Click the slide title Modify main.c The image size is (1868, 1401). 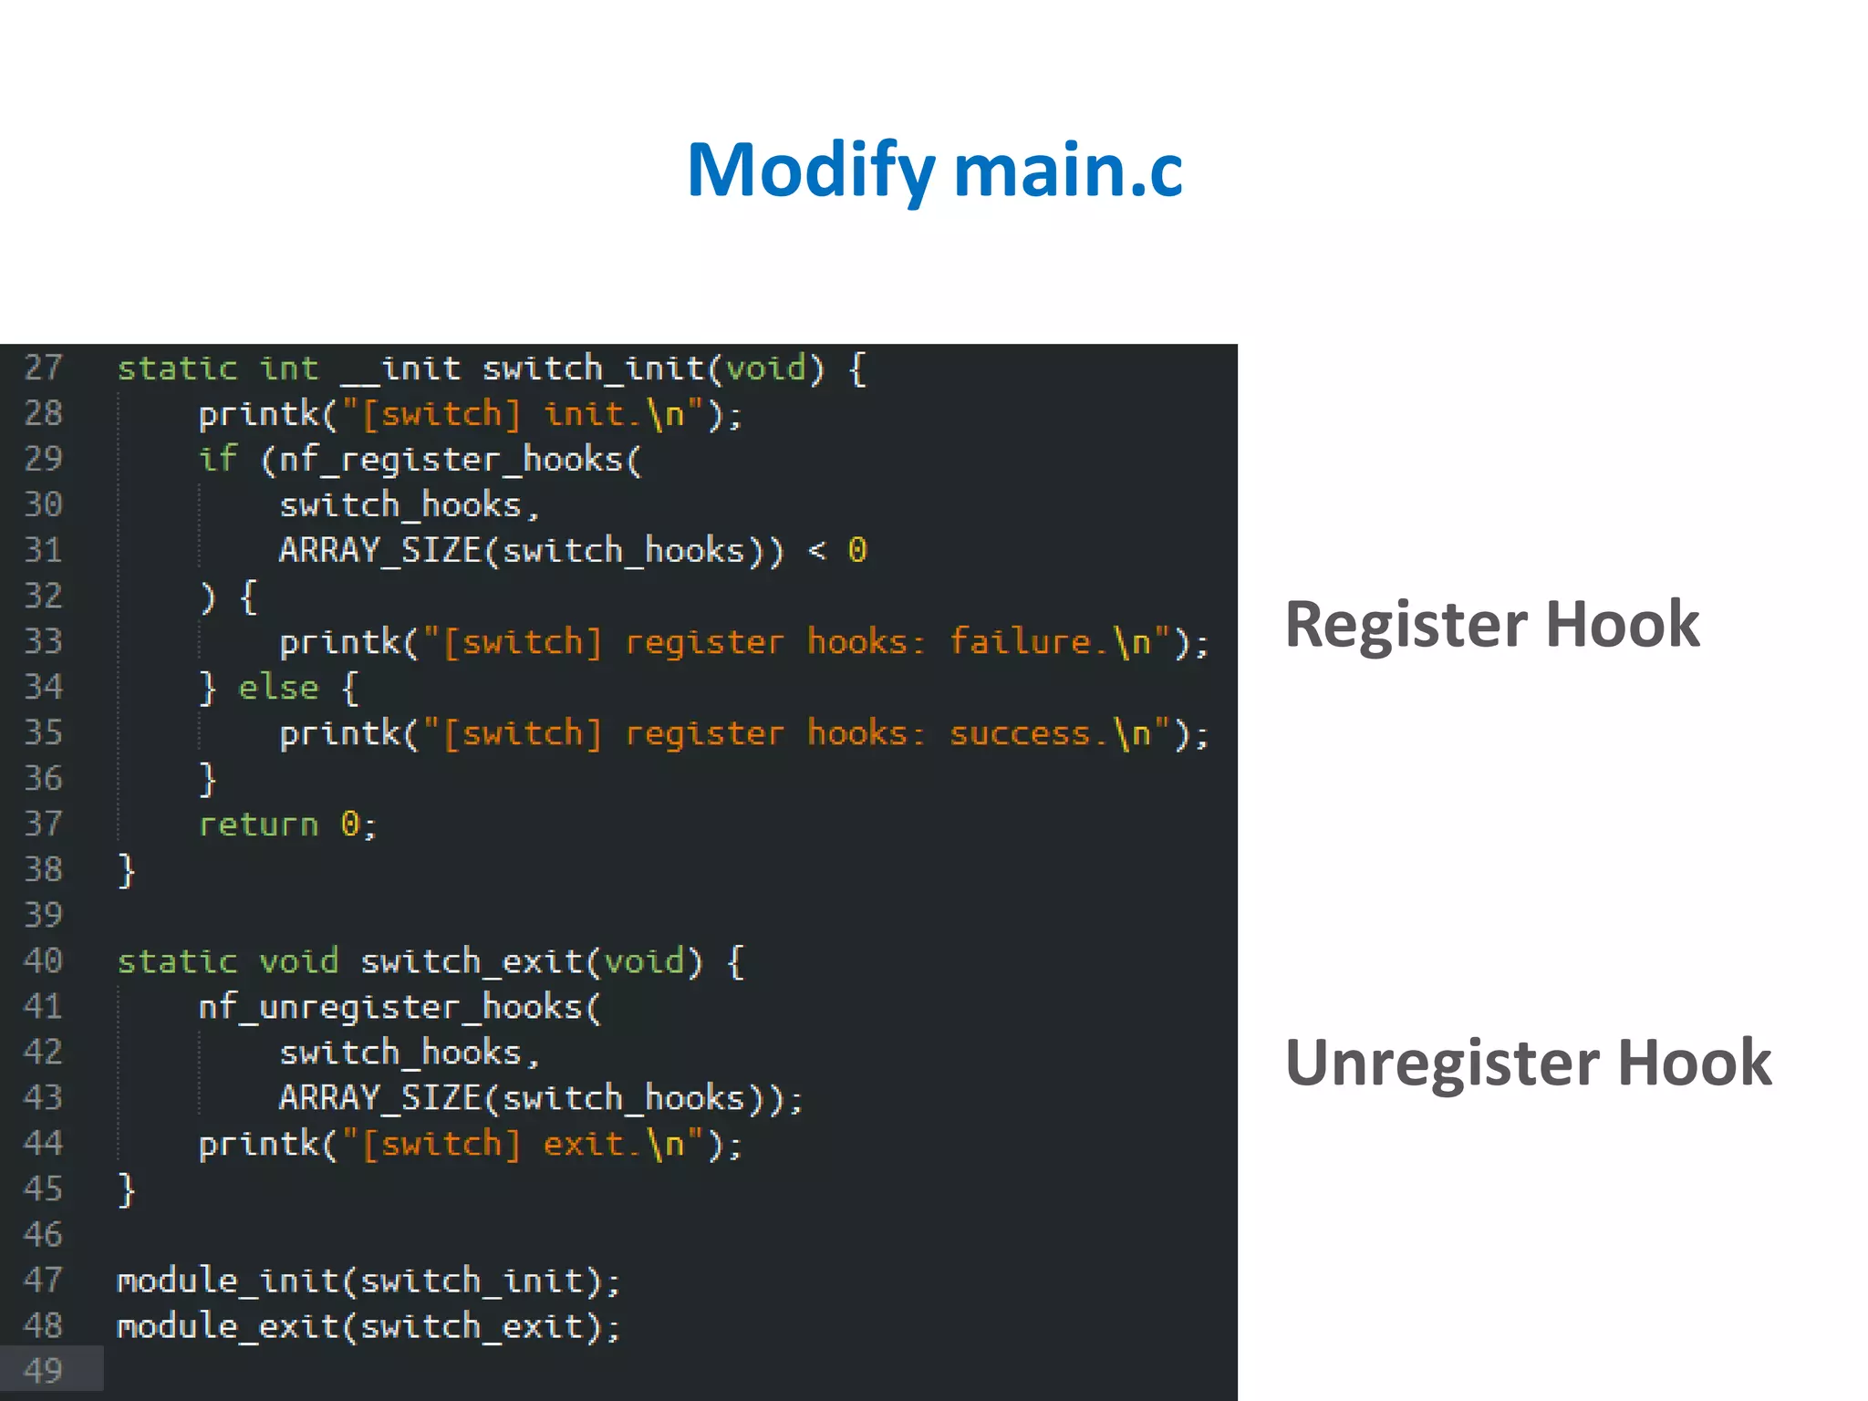coord(934,171)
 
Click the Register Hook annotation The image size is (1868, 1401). coord(1491,625)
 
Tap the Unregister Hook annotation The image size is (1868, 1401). coord(1528,1063)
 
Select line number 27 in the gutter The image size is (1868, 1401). coord(43,368)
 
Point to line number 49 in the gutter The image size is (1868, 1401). coord(43,1371)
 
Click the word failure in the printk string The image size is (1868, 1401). coord(1020,642)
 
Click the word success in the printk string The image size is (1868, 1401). coord(1020,733)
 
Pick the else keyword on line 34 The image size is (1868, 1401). coord(278,688)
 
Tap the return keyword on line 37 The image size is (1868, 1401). coord(258,825)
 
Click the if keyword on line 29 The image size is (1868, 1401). coord(218,459)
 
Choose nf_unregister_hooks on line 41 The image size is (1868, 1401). coord(389,1007)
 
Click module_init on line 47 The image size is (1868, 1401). coord(228,1281)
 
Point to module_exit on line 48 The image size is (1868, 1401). coord(228,1326)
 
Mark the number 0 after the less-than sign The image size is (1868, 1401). coord(856,550)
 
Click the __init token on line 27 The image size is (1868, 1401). coord(400,368)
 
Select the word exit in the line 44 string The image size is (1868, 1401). coord(583,1144)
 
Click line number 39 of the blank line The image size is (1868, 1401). coord(43,915)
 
